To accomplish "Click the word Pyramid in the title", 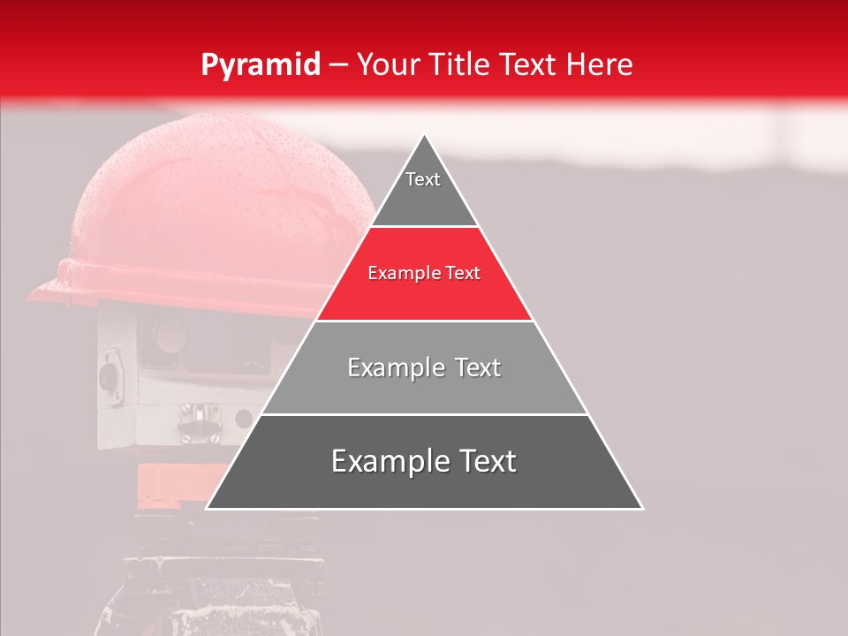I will tap(260, 65).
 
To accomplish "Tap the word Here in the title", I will tap(600, 65).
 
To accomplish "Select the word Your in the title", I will tap(389, 65).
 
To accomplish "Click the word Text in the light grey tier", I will tap(472, 367).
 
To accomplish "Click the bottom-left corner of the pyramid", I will tap(207, 509).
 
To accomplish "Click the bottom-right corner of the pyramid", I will tap(642, 509).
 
